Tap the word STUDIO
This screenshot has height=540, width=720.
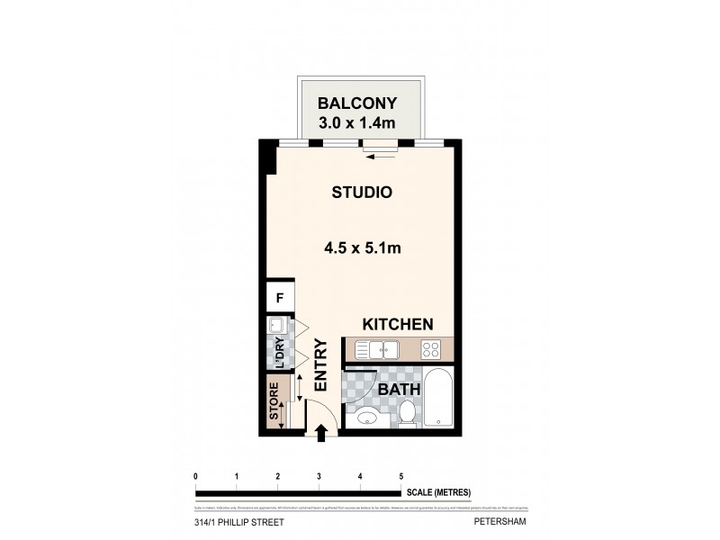pyautogui.click(x=361, y=192)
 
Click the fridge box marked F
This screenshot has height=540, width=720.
pyautogui.click(x=280, y=297)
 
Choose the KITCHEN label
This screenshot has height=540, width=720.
pyautogui.click(x=398, y=324)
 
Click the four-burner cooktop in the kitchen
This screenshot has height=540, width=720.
pyautogui.click(x=429, y=349)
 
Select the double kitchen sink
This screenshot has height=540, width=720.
pyautogui.click(x=376, y=349)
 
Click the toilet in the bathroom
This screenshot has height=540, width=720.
pyautogui.click(x=407, y=413)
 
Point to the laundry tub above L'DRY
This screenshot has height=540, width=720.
pyautogui.click(x=277, y=328)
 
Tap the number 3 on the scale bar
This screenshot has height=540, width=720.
pyautogui.click(x=319, y=476)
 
